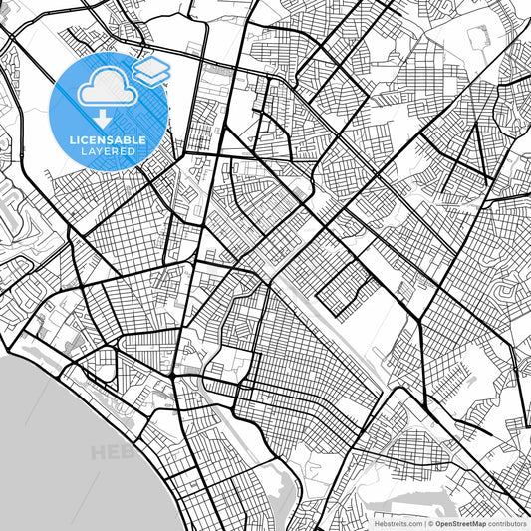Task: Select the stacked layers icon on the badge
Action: pos(150,71)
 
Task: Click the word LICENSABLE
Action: pos(108,140)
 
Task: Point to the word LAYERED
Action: pos(108,153)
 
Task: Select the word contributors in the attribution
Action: pos(508,523)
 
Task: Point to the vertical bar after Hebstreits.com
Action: pos(423,523)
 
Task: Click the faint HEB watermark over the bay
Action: pos(112,453)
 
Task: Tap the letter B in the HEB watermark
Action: pos(127,453)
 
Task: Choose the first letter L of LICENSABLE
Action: pos(73,140)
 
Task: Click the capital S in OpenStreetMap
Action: pos(456,523)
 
